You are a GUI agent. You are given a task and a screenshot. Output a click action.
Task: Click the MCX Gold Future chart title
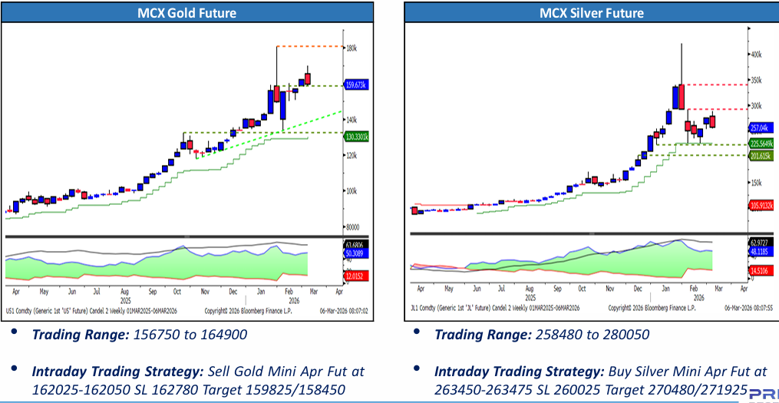coord(186,13)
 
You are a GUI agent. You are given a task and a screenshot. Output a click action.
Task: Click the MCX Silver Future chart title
coord(591,13)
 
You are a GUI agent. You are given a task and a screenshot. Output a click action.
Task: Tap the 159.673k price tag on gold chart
coord(355,85)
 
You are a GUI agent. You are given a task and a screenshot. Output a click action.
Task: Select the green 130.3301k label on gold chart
coord(355,137)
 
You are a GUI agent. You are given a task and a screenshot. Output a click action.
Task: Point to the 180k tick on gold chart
coord(352,48)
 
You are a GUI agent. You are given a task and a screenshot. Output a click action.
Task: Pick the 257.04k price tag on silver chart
coord(759,128)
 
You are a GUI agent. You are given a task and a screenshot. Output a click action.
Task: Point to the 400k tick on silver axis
coord(755,55)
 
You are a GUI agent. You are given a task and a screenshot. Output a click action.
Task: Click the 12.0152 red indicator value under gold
coord(355,276)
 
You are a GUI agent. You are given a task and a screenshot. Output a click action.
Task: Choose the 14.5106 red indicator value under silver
coord(760,270)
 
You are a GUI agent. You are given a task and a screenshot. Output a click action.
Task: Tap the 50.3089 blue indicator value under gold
coord(355,253)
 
